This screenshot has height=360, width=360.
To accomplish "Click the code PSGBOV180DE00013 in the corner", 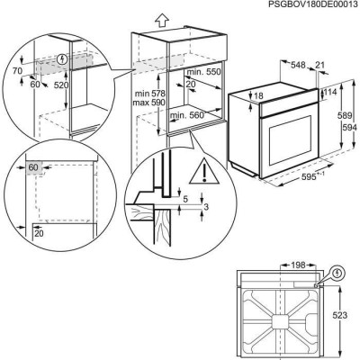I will click(x=306, y=5).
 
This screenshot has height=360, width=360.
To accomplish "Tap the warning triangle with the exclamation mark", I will click(x=209, y=171).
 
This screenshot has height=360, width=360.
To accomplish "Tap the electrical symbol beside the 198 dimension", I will click(x=337, y=269).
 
